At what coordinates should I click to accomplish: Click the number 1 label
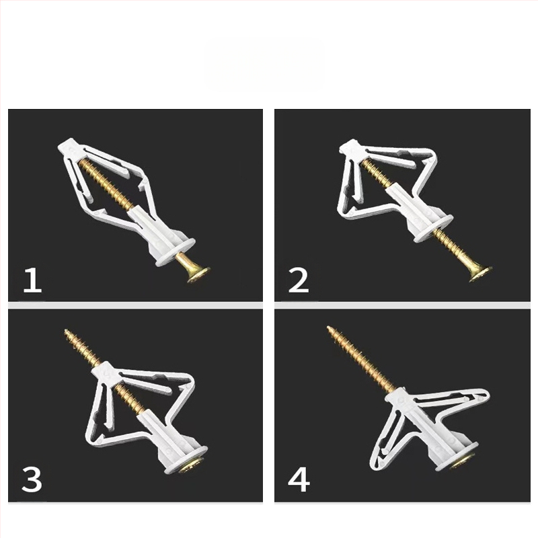32,280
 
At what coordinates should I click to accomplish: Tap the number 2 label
299,280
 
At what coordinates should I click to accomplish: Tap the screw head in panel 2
480,274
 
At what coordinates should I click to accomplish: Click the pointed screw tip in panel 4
328,327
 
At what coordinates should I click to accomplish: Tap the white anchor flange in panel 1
176,253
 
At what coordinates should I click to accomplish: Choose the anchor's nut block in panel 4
399,399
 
